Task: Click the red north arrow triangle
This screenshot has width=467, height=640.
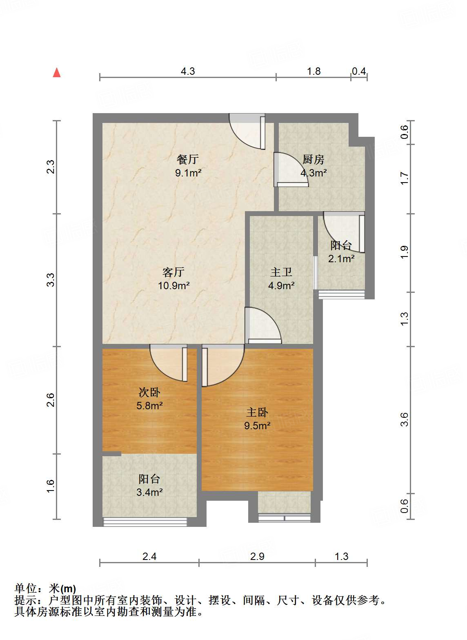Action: point(57,73)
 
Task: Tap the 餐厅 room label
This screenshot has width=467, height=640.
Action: point(188,159)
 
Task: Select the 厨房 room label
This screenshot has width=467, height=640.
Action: point(313,159)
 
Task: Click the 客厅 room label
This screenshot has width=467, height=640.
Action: point(173,272)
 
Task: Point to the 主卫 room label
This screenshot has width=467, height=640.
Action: point(281,272)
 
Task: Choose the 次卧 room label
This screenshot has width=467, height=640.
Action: point(149,392)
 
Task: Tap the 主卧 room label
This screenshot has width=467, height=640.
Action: point(257,413)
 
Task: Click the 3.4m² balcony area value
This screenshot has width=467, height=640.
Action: point(149,492)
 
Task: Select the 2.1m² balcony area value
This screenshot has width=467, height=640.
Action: point(341,259)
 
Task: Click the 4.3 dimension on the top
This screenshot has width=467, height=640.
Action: point(188,71)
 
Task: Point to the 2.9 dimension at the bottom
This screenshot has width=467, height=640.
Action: point(257,556)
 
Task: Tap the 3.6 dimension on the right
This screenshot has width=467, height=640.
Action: point(404,419)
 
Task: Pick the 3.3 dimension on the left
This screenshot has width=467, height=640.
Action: point(50,280)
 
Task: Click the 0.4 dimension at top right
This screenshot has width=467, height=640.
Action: point(359,71)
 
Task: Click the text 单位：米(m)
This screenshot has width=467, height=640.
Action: point(45,589)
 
